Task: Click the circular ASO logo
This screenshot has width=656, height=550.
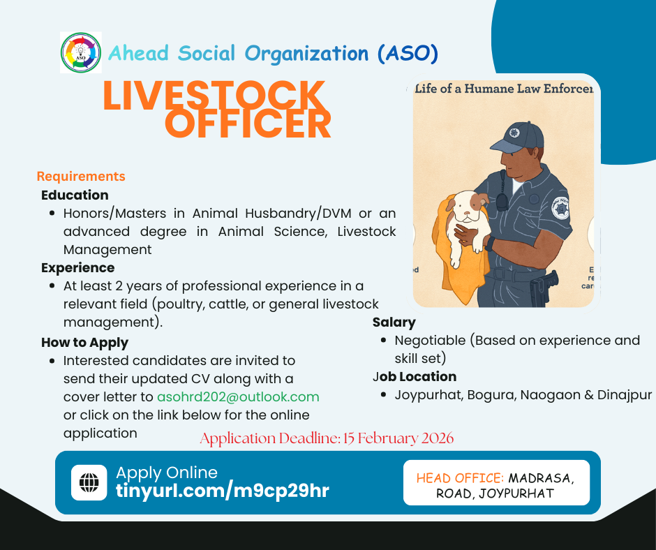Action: click(x=81, y=53)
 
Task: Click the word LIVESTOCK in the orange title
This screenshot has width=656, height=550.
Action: click(x=214, y=96)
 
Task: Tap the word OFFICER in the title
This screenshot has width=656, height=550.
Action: click(x=248, y=124)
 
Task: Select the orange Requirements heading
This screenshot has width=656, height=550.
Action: click(x=81, y=176)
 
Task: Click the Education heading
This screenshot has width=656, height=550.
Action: click(x=75, y=195)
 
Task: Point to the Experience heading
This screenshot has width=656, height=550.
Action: click(x=78, y=268)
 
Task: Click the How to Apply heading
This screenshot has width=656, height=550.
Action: click(x=84, y=343)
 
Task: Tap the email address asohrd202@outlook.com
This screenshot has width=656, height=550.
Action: click(x=238, y=397)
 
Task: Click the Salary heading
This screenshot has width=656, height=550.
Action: click(x=394, y=322)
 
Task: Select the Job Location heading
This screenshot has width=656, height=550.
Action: click(x=415, y=377)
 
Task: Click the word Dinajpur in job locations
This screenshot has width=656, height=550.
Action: click(x=625, y=395)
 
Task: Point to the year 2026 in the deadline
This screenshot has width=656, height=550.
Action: click(x=438, y=438)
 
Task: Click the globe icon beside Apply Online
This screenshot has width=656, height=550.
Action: click(x=89, y=482)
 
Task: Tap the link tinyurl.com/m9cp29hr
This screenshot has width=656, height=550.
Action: click(x=223, y=491)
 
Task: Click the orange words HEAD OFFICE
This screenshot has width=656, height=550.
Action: click(x=460, y=478)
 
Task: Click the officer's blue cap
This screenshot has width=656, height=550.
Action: click(x=518, y=138)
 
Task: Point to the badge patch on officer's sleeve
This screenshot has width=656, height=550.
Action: click(x=560, y=208)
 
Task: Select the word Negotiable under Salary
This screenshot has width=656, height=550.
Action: click(x=430, y=341)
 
